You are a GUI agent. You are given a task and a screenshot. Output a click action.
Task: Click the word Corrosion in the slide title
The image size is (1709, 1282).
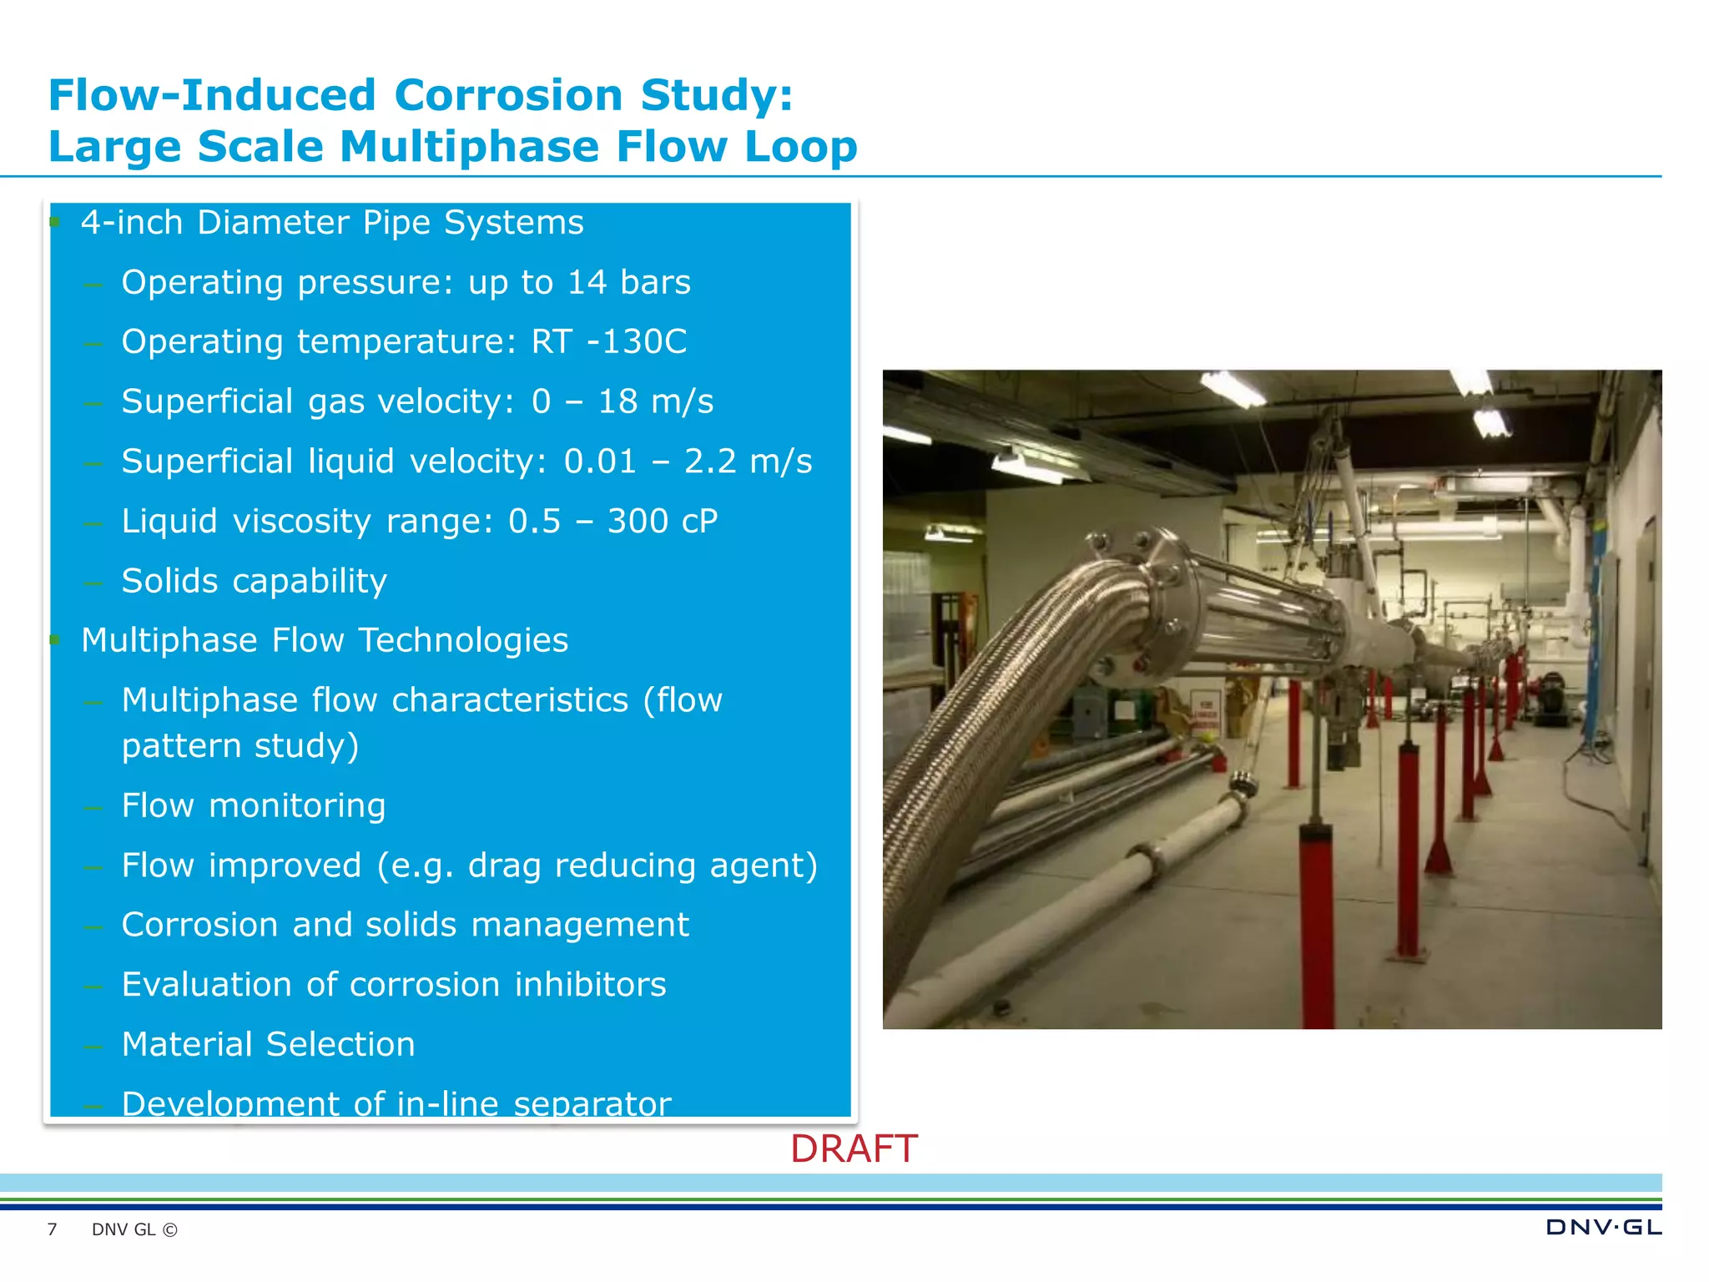pyautogui.click(x=508, y=94)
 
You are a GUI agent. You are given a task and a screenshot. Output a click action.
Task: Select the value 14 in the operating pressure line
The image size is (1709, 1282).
pyautogui.click(x=587, y=282)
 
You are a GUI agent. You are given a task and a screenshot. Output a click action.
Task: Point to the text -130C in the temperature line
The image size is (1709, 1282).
pyautogui.click(x=637, y=341)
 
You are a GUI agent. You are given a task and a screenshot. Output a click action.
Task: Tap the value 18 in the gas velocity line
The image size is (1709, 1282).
pyautogui.click(x=618, y=401)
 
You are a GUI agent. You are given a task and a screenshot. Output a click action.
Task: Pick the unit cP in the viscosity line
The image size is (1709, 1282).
pyautogui.click(x=699, y=521)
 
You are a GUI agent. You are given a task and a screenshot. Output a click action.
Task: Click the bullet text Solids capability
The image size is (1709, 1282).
pyautogui.click(x=254, y=581)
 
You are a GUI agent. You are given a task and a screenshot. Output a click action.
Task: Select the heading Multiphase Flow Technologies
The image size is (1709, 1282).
pyautogui.click(x=325, y=640)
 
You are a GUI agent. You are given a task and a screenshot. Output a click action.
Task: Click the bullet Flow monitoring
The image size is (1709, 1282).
pyautogui.click(x=254, y=805)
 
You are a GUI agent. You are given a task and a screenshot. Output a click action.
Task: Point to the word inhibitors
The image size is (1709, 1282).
pyautogui.click(x=590, y=985)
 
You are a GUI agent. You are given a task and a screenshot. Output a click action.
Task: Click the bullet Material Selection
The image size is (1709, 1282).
pyautogui.click(x=268, y=1044)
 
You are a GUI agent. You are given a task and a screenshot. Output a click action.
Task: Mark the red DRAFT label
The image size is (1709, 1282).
pyautogui.click(x=854, y=1149)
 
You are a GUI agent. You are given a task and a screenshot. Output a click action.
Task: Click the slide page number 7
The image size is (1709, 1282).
pyautogui.click(x=52, y=1229)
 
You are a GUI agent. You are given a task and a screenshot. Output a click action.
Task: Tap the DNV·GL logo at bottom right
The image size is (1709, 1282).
pyautogui.click(x=1603, y=1227)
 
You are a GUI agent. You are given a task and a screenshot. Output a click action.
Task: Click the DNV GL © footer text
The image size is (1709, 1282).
pyautogui.click(x=134, y=1229)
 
